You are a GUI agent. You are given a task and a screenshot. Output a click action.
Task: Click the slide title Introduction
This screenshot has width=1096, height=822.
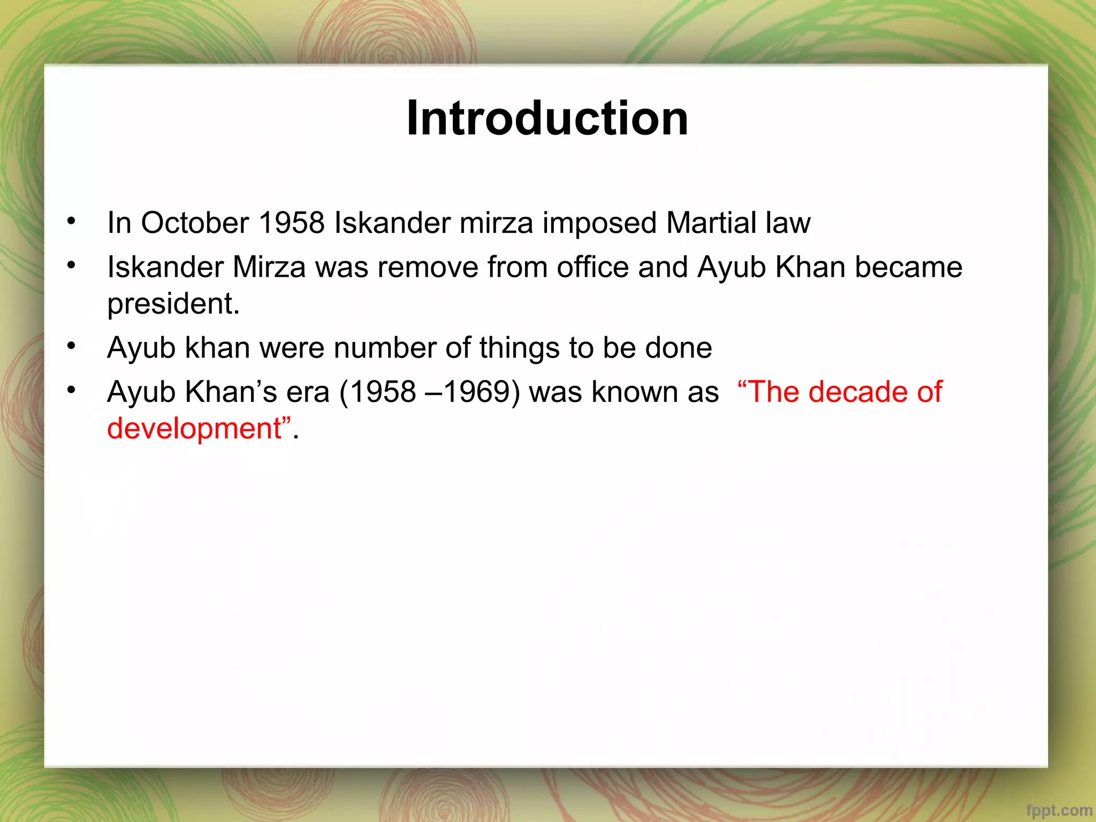[x=547, y=118]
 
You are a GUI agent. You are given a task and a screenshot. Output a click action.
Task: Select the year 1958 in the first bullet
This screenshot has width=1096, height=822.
[x=292, y=223]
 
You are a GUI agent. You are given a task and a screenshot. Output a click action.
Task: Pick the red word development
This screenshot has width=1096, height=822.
[x=194, y=429]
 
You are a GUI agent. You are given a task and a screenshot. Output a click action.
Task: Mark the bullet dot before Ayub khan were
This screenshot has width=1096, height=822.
[x=71, y=346]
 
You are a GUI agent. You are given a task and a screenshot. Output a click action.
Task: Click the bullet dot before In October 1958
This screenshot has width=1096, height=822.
[x=71, y=220]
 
